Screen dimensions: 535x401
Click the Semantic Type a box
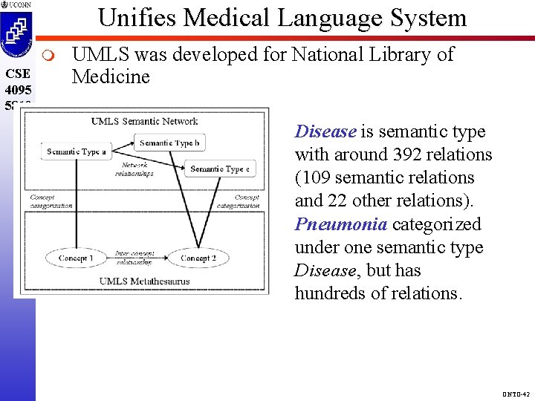click(x=77, y=151)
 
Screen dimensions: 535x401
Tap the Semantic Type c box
click(x=220, y=169)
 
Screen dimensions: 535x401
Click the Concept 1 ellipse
click(x=76, y=258)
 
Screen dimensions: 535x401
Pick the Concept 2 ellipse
click(x=197, y=258)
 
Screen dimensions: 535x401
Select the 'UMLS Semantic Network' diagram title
click(x=144, y=121)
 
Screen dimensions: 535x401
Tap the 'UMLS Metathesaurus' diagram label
click(x=144, y=281)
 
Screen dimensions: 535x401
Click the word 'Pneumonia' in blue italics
click(x=340, y=224)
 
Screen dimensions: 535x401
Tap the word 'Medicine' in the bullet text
click(x=111, y=76)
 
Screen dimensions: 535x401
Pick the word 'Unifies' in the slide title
click(x=140, y=17)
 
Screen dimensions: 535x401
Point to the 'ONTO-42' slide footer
click(x=516, y=394)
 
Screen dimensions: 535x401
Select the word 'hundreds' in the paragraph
click(x=328, y=293)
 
